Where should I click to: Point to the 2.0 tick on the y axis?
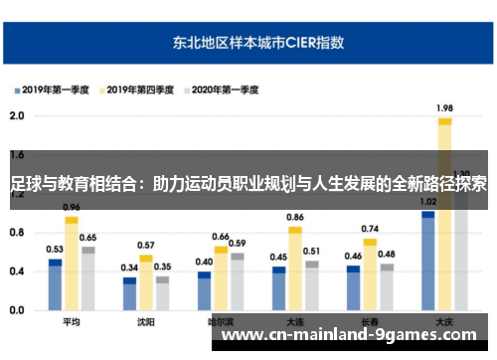tap(16, 115)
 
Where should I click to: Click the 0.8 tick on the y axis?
tap(16, 233)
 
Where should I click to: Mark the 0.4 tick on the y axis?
tap(16, 271)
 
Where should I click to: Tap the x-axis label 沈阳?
tap(145, 322)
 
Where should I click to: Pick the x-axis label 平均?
tap(71, 322)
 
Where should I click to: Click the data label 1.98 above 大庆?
tap(444, 108)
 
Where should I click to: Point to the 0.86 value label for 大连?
tap(295, 217)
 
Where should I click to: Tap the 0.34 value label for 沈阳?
tap(129, 268)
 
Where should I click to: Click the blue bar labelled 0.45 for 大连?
tap(279, 289)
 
